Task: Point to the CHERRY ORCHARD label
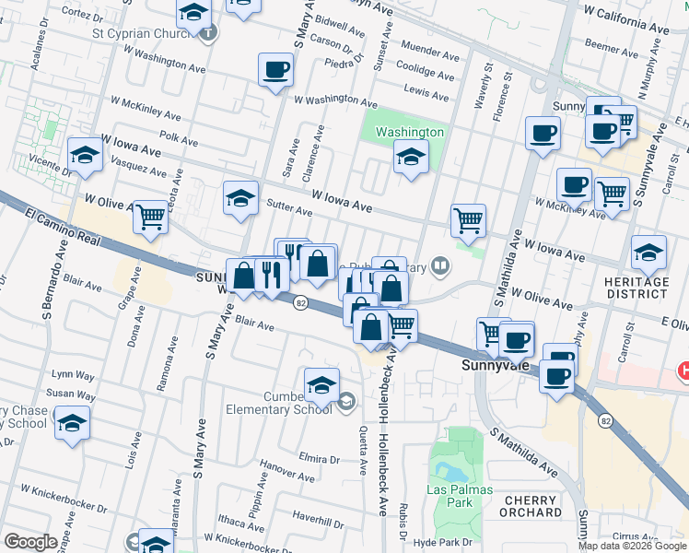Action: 532,506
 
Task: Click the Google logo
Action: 30,542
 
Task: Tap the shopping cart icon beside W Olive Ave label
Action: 150,218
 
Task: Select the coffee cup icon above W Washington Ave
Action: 275,69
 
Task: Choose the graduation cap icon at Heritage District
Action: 648,252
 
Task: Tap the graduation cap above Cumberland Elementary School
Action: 321,384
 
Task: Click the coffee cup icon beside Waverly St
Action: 542,133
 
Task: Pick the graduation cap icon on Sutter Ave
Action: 240,197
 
